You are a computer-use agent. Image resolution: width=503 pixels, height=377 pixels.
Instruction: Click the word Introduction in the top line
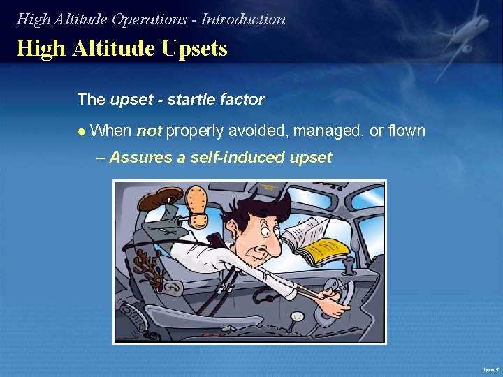click(x=243, y=20)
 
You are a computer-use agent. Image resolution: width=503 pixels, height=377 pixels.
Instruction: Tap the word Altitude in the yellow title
click(x=117, y=48)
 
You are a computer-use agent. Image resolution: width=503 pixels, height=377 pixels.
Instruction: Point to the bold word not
click(x=149, y=131)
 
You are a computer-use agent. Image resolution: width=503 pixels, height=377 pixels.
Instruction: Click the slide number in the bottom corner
click(x=488, y=369)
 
